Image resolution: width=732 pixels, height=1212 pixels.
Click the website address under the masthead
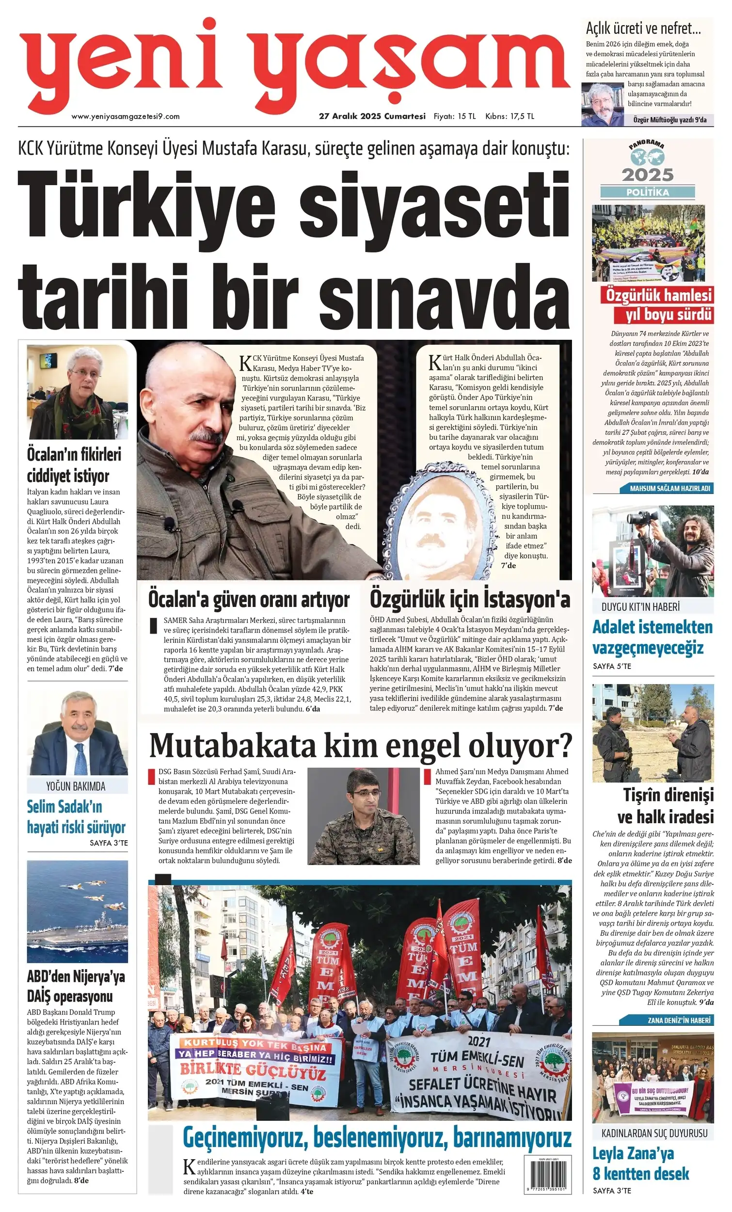click(x=126, y=116)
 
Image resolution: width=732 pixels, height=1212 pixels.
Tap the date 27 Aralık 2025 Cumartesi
click(x=372, y=116)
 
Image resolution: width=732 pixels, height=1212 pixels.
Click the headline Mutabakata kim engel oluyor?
click(x=361, y=746)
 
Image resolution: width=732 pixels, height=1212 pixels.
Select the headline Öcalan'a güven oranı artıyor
click(x=249, y=600)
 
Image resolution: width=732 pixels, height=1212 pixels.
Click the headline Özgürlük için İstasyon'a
click(x=470, y=600)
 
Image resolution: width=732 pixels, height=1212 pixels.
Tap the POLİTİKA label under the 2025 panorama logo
click(x=647, y=192)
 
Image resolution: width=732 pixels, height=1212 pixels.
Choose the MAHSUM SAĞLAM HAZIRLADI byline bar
click(x=669, y=489)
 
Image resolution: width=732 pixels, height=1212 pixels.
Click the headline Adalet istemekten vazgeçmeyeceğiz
click(x=652, y=638)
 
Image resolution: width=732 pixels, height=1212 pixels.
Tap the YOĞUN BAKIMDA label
click(x=76, y=786)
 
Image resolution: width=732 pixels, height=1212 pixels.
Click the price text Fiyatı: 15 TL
click(x=454, y=116)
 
